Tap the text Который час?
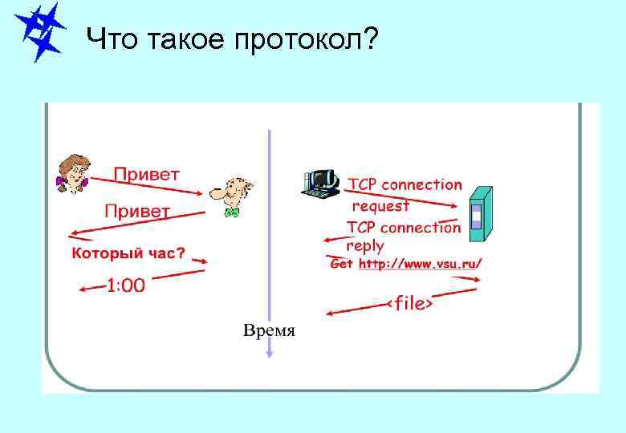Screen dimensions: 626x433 128,253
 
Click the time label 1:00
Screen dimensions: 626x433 126,285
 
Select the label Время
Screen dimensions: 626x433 270,330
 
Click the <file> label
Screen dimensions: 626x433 410,304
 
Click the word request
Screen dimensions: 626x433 381,205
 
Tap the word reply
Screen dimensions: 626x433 365,246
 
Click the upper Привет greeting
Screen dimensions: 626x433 147,173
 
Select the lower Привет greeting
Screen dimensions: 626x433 137,212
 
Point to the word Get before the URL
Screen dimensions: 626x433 342,264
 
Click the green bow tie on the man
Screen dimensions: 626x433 232,212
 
